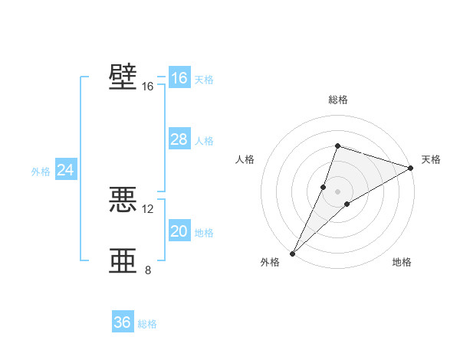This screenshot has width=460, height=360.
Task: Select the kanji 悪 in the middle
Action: (123, 200)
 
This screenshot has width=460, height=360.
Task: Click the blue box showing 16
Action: (179, 78)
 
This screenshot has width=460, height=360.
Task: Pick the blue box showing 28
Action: (179, 139)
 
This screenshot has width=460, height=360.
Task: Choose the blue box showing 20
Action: (179, 231)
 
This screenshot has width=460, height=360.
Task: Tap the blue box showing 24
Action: (66, 170)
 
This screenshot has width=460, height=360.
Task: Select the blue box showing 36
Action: (123, 322)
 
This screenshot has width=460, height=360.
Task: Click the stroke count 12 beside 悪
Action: (148, 208)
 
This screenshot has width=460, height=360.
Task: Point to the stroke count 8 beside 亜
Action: (148, 270)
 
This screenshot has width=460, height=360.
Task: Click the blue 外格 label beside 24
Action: (41, 172)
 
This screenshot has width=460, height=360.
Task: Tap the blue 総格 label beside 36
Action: (147, 324)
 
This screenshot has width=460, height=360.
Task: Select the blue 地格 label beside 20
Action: (204, 233)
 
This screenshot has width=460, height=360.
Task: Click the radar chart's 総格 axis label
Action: (337, 100)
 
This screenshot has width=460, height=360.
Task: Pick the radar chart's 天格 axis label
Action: (431, 159)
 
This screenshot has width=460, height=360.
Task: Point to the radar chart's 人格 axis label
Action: (245, 159)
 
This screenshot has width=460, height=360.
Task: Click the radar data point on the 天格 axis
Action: (411, 168)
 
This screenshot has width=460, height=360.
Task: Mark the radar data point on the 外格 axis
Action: (292, 254)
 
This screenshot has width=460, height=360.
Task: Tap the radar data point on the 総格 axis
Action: (337, 146)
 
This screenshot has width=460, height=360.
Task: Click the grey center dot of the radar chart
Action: (337, 191)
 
